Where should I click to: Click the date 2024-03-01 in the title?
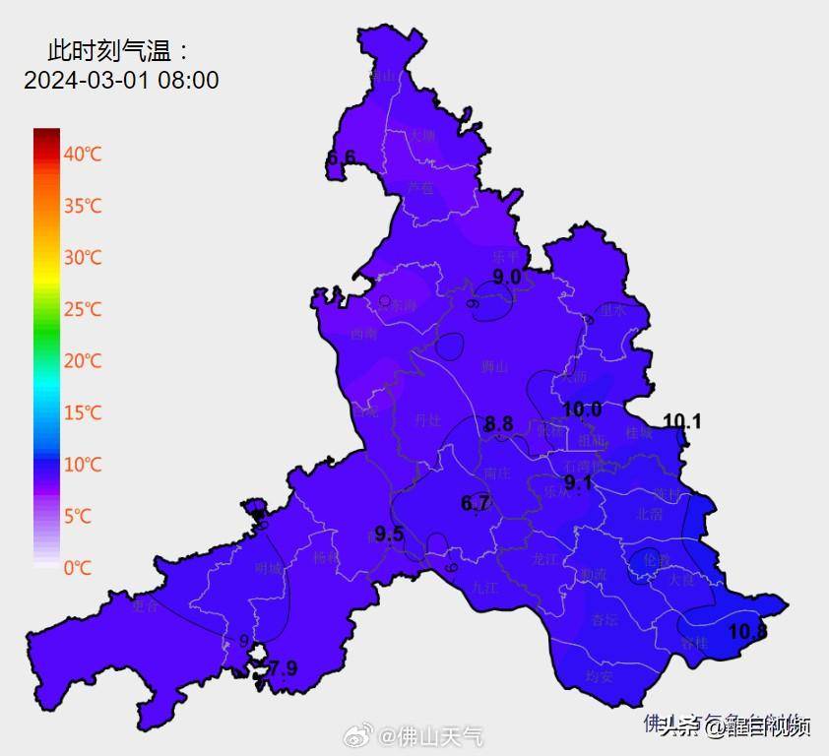click(86, 81)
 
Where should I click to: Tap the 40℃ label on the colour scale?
click(83, 155)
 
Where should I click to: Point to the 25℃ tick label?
click(83, 310)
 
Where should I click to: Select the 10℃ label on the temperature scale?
click(83, 465)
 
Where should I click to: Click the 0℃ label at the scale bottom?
click(80, 568)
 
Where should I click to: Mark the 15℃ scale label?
click(83, 413)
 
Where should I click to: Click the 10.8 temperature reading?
click(747, 632)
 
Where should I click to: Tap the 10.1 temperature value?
click(681, 422)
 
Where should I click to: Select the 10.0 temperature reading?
click(582, 409)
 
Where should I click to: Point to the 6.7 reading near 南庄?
click(476, 504)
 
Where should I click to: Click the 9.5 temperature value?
click(390, 535)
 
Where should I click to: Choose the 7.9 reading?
click(284, 669)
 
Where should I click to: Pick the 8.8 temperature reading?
click(498, 424)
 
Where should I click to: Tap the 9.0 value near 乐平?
click(506, 278)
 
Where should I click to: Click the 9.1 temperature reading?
click(577, 482)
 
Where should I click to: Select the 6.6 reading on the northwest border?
click(341, 157)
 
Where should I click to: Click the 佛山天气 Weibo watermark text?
click(441, 736)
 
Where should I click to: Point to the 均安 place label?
click(600, 676)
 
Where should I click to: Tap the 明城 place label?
click(268, 568)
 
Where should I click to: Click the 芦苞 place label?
click(420, 187)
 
